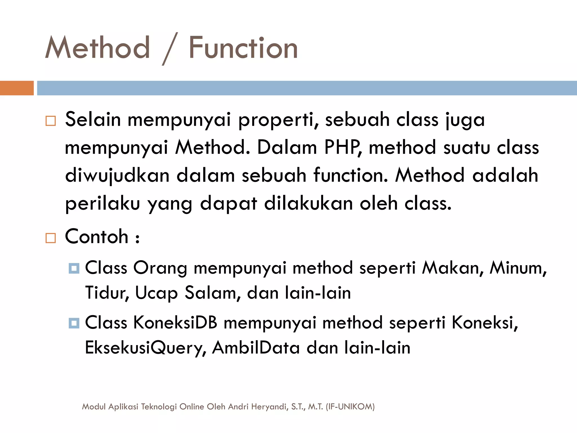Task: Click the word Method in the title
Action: [97, 48]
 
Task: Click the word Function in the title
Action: [243, 48]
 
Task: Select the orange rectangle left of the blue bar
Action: [17, 88]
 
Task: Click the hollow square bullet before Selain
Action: [51, 121]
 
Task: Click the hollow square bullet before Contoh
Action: [51, 238]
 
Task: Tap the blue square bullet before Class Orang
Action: [74, 268]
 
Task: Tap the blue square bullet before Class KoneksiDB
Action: [74, 323]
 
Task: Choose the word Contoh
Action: [97, 237]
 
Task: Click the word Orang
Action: [160, 268]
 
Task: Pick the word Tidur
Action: [107, 293]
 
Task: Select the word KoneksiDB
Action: [175, 322]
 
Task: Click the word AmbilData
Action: [256, 348]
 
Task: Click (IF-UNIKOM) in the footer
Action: [350, 407]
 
